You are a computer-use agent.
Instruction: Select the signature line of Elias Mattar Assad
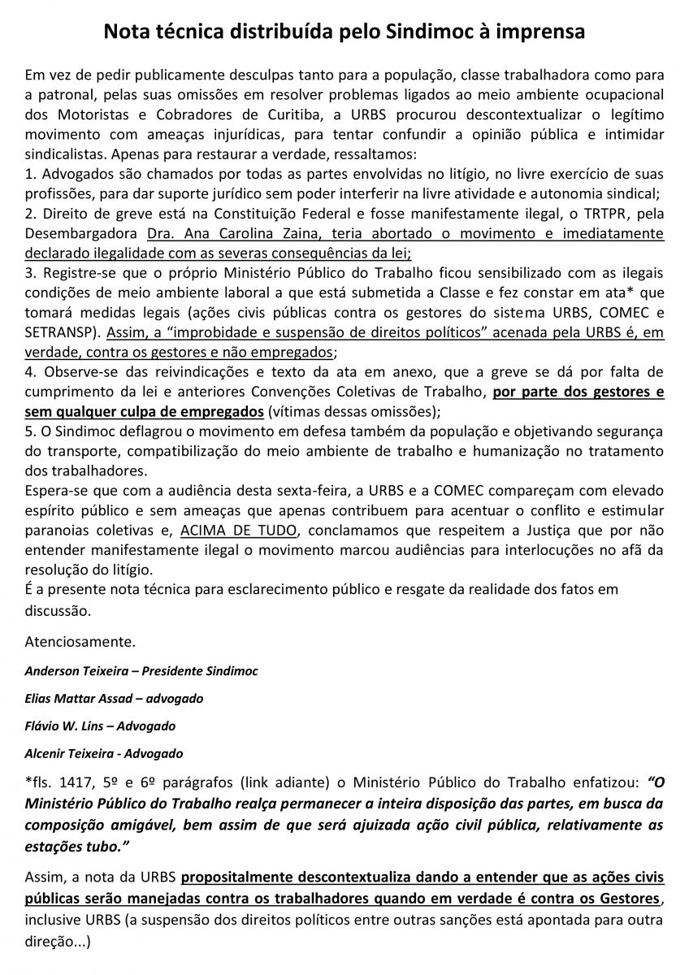(114, 698)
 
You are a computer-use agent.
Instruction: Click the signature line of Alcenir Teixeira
(104, 752)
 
